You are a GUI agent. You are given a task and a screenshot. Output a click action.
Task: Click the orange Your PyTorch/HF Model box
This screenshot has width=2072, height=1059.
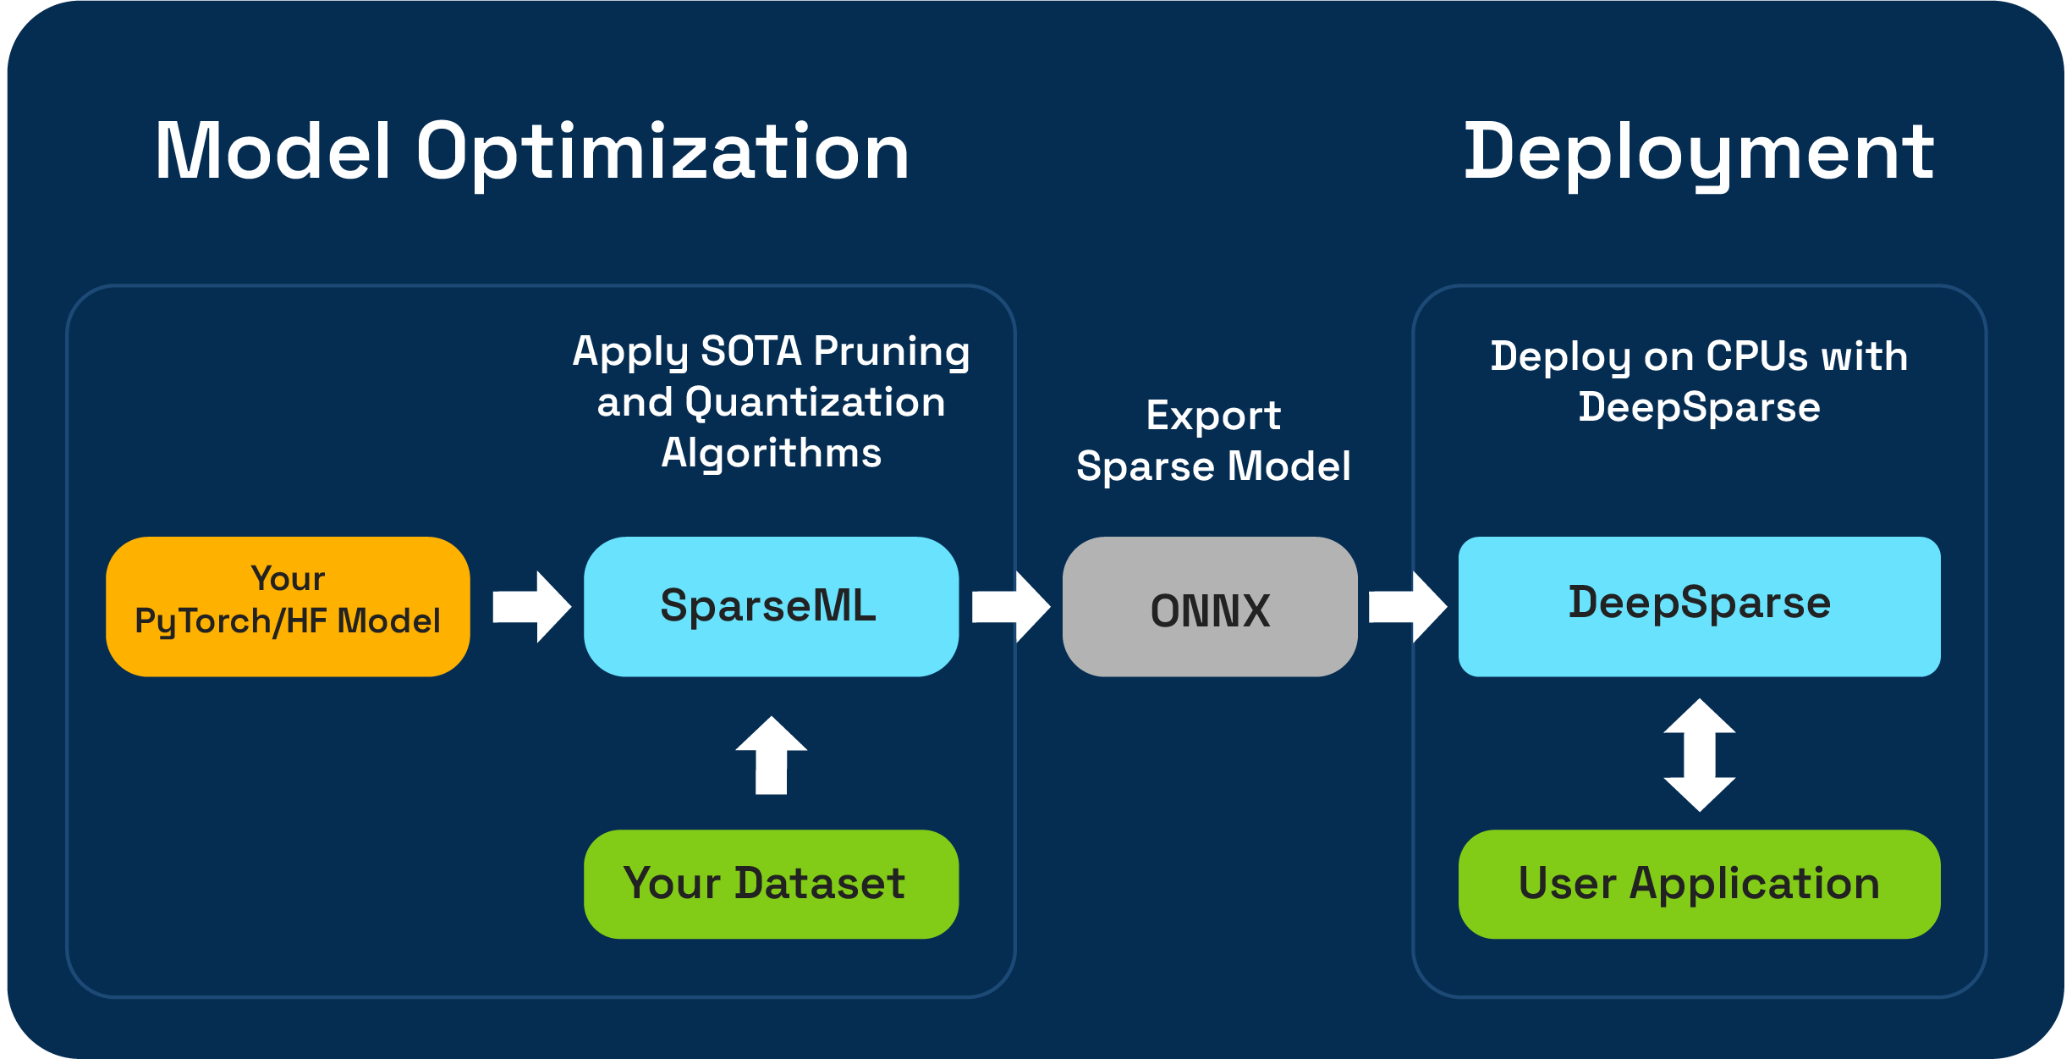(288, 606)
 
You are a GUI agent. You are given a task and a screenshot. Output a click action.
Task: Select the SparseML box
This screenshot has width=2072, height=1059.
(771, 606)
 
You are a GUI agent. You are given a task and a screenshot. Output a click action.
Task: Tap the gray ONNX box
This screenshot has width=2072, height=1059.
(1210, 606)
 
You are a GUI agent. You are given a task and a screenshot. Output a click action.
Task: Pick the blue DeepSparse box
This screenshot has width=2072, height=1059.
(1699, 606)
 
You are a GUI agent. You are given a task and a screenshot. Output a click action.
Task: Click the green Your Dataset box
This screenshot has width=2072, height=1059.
(771, 884)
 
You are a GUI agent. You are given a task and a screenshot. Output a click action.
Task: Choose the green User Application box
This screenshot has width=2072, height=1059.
(1699, 884)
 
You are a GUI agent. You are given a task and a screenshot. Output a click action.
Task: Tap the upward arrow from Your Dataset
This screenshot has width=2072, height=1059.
(771, 755)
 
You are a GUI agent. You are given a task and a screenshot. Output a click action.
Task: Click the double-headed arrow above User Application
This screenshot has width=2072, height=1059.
(1699, 754)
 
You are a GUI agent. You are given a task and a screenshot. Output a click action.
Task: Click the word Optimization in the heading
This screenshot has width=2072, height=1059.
(662, 153)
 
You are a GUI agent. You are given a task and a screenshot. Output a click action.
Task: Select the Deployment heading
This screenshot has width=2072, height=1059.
(1699, 153)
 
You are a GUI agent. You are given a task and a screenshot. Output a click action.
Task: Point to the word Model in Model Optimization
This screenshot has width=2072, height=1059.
(272, 152)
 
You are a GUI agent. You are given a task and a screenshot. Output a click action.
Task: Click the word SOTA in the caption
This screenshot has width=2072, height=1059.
(751, 351)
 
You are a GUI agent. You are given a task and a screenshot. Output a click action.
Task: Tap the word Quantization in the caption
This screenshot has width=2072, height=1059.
(815, 402)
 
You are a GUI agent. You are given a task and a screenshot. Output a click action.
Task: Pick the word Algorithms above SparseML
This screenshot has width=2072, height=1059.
(771, 453)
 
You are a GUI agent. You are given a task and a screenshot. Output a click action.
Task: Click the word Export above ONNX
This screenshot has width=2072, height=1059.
(1213, 416)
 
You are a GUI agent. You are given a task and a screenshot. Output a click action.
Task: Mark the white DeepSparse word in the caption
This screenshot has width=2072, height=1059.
(1699, 407)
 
